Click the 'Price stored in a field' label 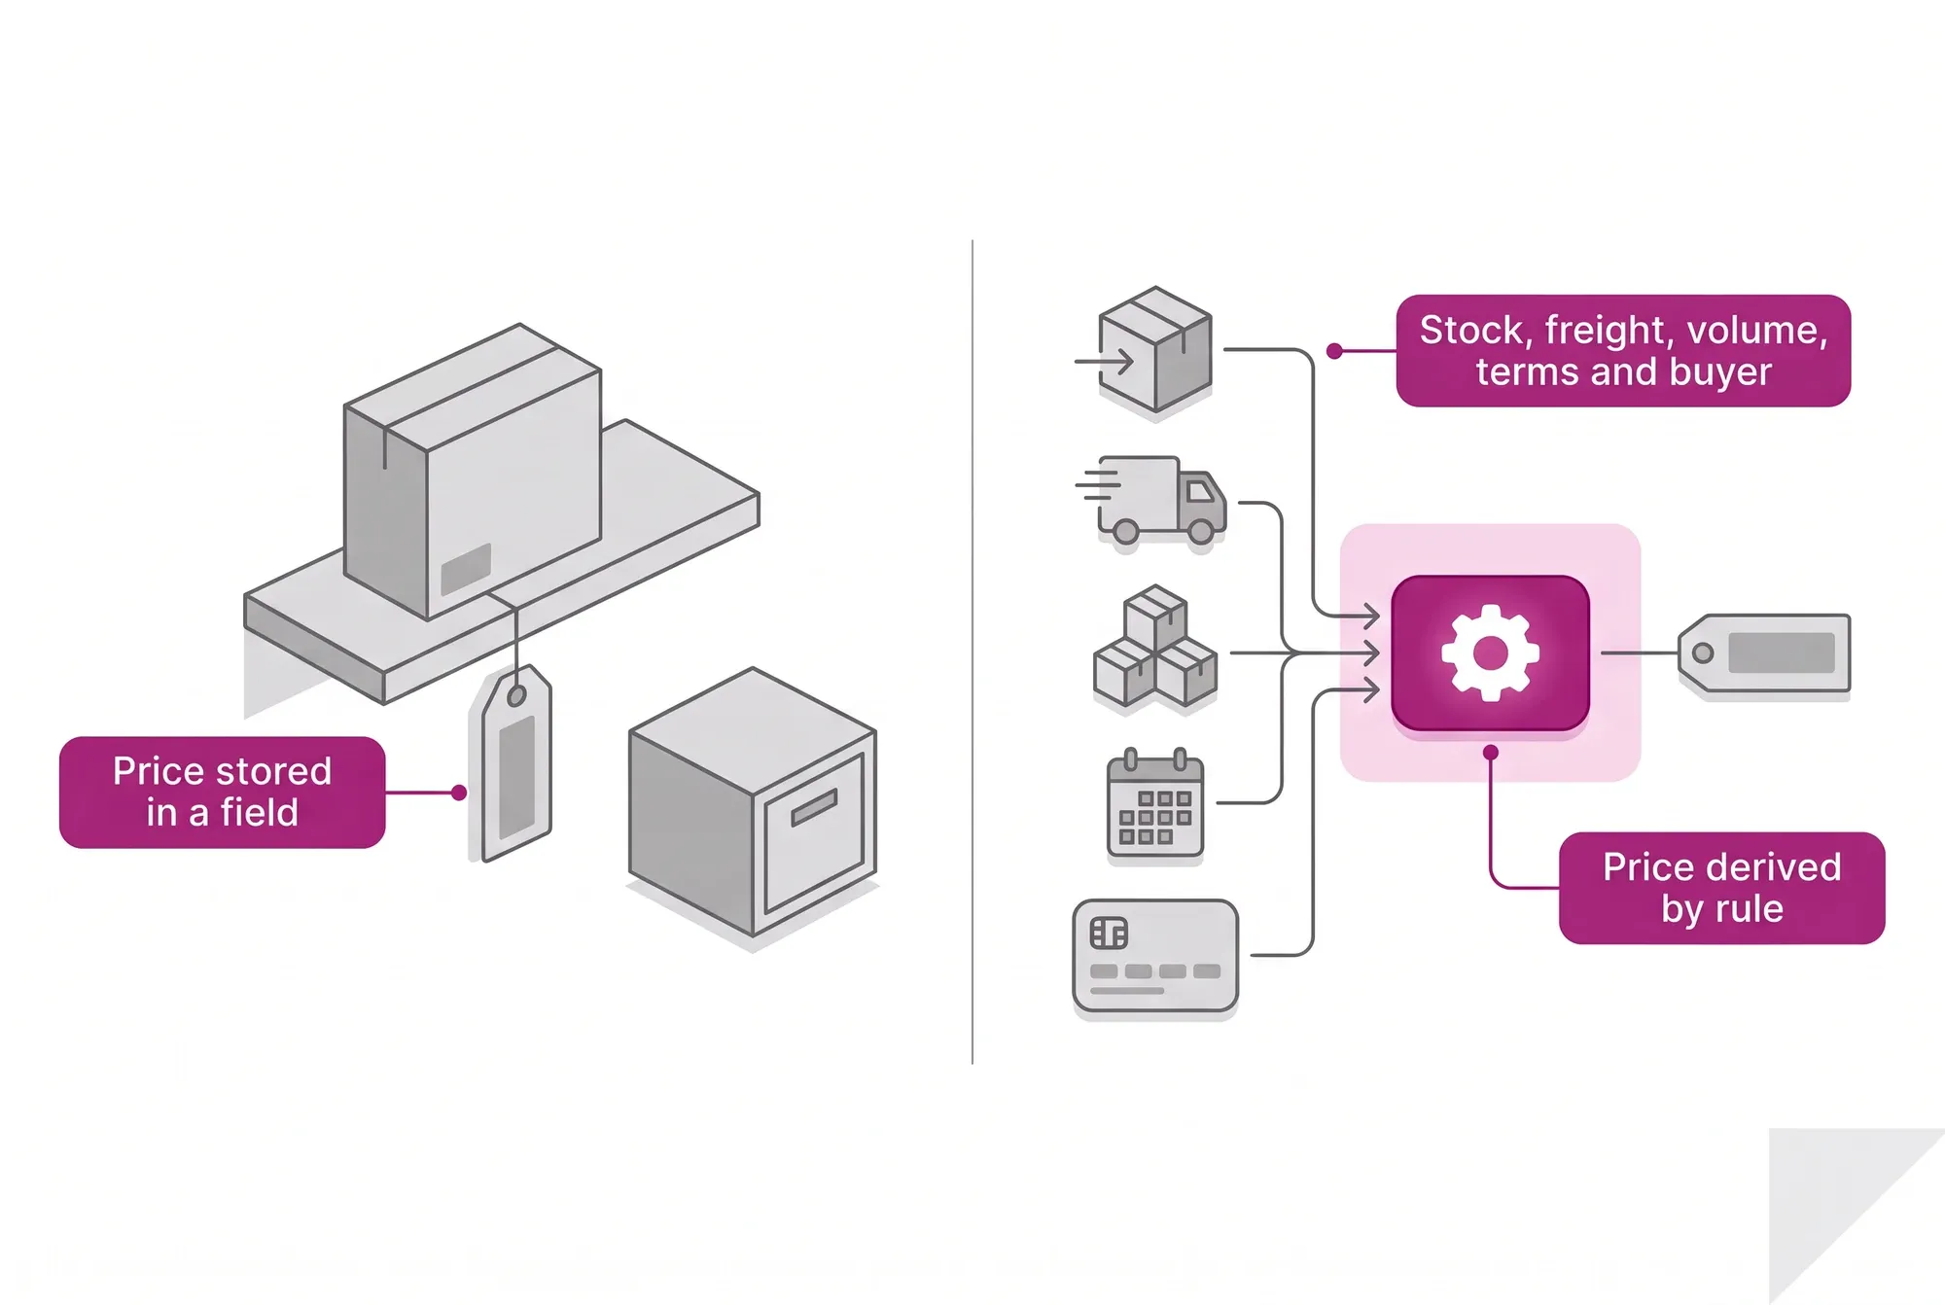pyautogui.click(x=222, y=792)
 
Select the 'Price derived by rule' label pyautogui.click(x=1721, y=887)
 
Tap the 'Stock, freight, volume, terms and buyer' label pyautogui.click(x=1623, y=350)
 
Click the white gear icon pyautogui.click(x=1490, y=652)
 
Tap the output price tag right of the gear pyautogui.click(x=1764, y=653)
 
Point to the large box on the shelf pyautogui.click(x=473, y=472)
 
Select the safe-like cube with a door pyautogui.click(x=753, y=801)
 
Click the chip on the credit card pyautogui.click(x=1109, y=934)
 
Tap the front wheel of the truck pyautogui.click(x=1201, y=531)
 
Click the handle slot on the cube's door pyautogui.click(x=814, y=807)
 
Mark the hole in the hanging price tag pyautogui.click(x=516, y=695)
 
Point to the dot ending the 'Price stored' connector pyautogui.click(x=459, y=793)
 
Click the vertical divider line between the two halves pyautogui.click(x=972, y=652)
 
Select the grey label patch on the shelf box pyautogui.click(x=466, y=569)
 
